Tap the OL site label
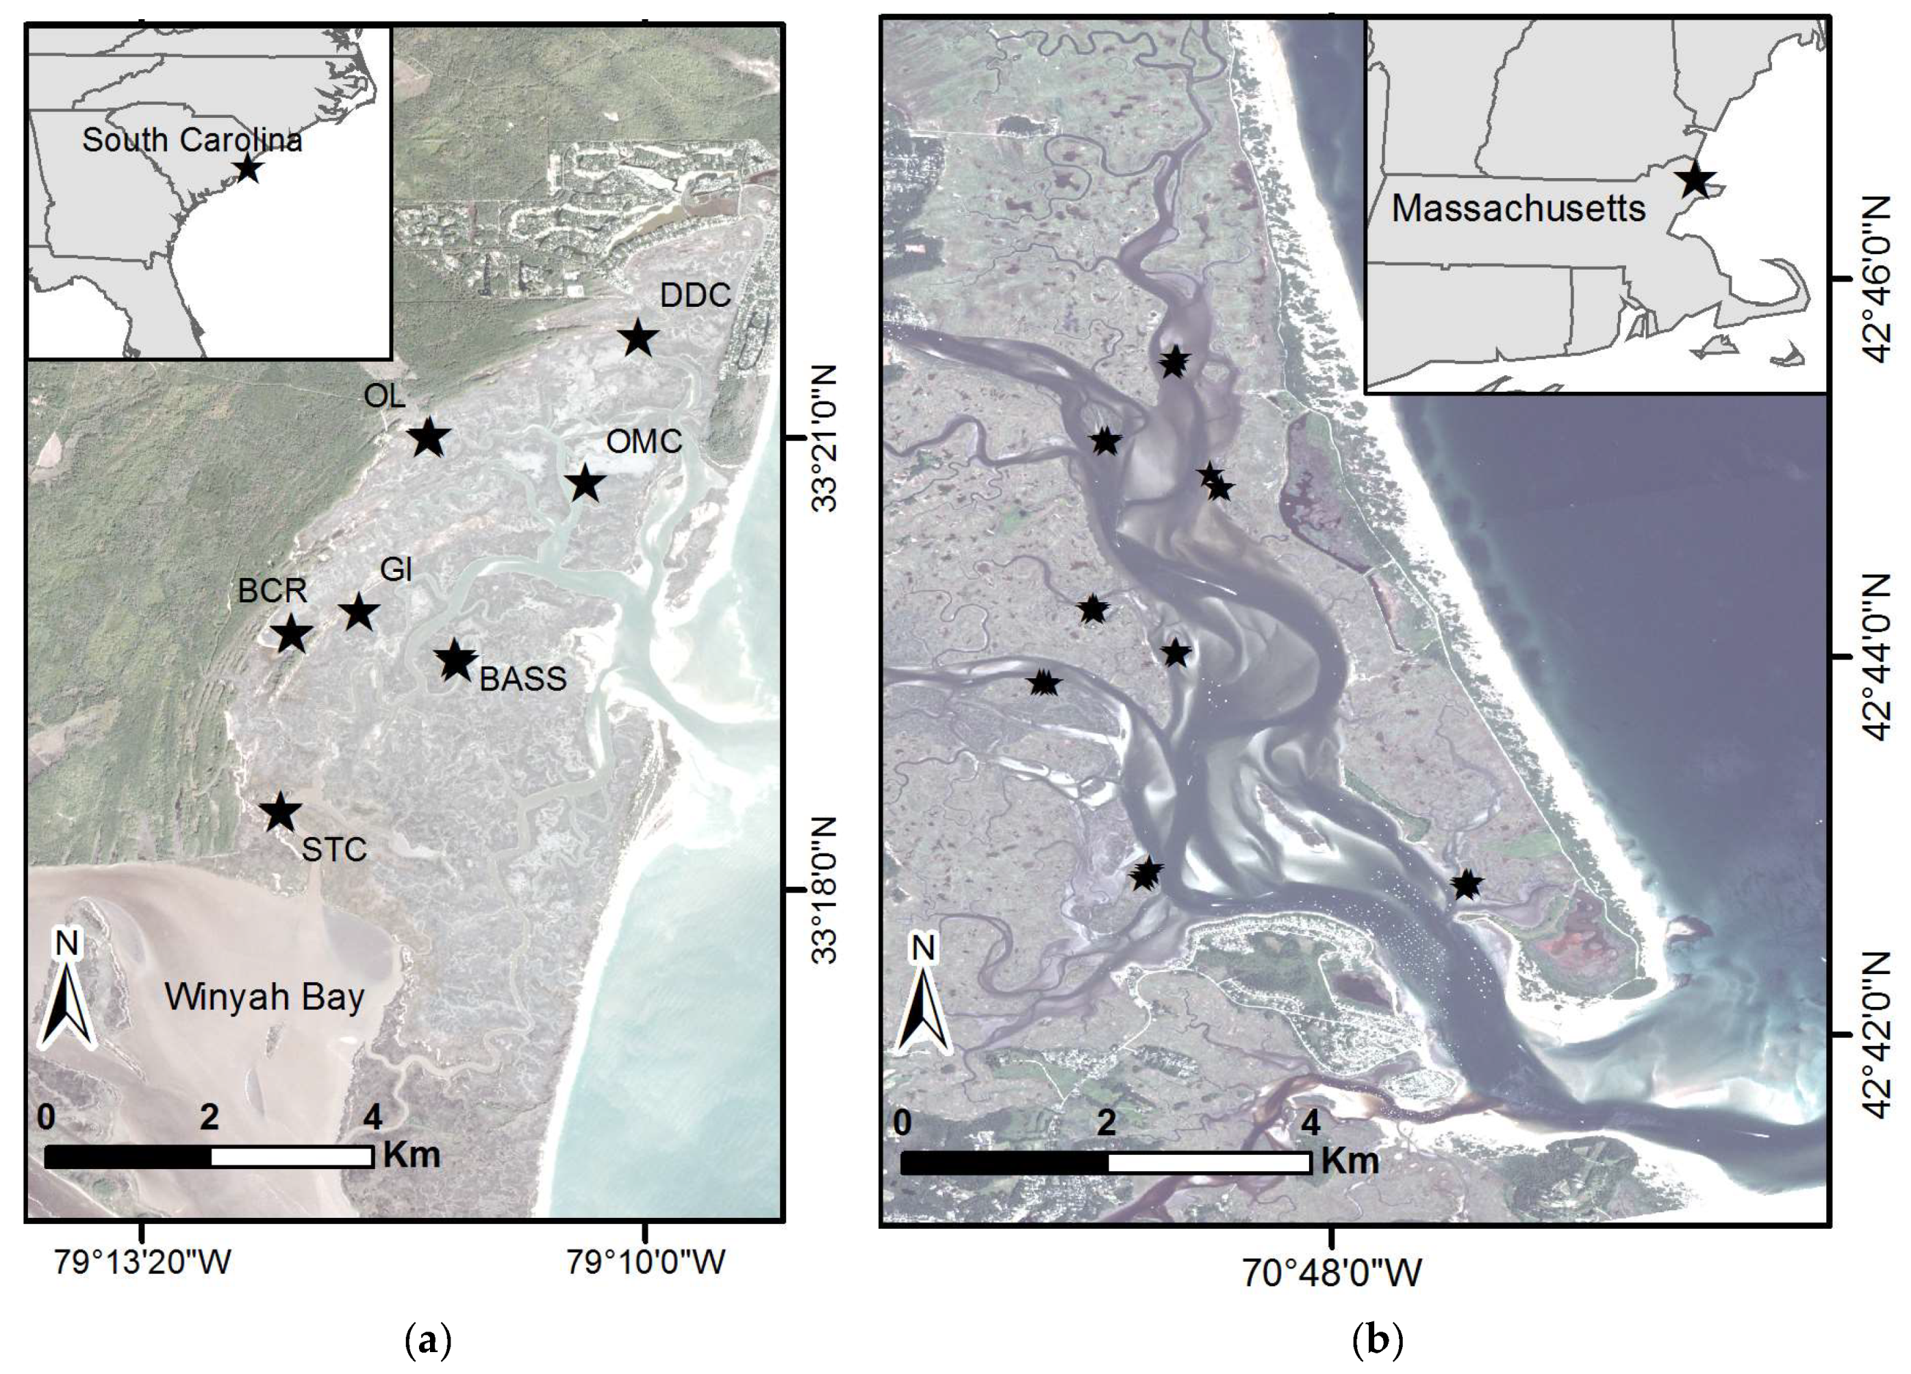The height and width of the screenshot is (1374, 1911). click(384, 395)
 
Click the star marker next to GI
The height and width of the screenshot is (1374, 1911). click(359, 613)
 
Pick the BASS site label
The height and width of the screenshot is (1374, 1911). click(522, 679)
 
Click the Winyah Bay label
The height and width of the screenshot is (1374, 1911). click(264, 997)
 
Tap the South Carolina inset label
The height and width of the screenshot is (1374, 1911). click(192, 140)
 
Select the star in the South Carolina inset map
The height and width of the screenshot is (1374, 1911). click(247, 168)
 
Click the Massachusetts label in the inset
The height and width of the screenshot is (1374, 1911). click(1519, 208)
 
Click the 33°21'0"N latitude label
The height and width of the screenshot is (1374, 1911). click(825, 438)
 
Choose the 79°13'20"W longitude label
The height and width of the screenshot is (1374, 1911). click(142, 1262)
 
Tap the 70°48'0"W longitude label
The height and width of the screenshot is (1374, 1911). click(1331, 1273)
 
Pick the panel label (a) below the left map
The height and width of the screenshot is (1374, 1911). click(428, 1340)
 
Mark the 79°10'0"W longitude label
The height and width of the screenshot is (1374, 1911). click(646, 1262)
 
